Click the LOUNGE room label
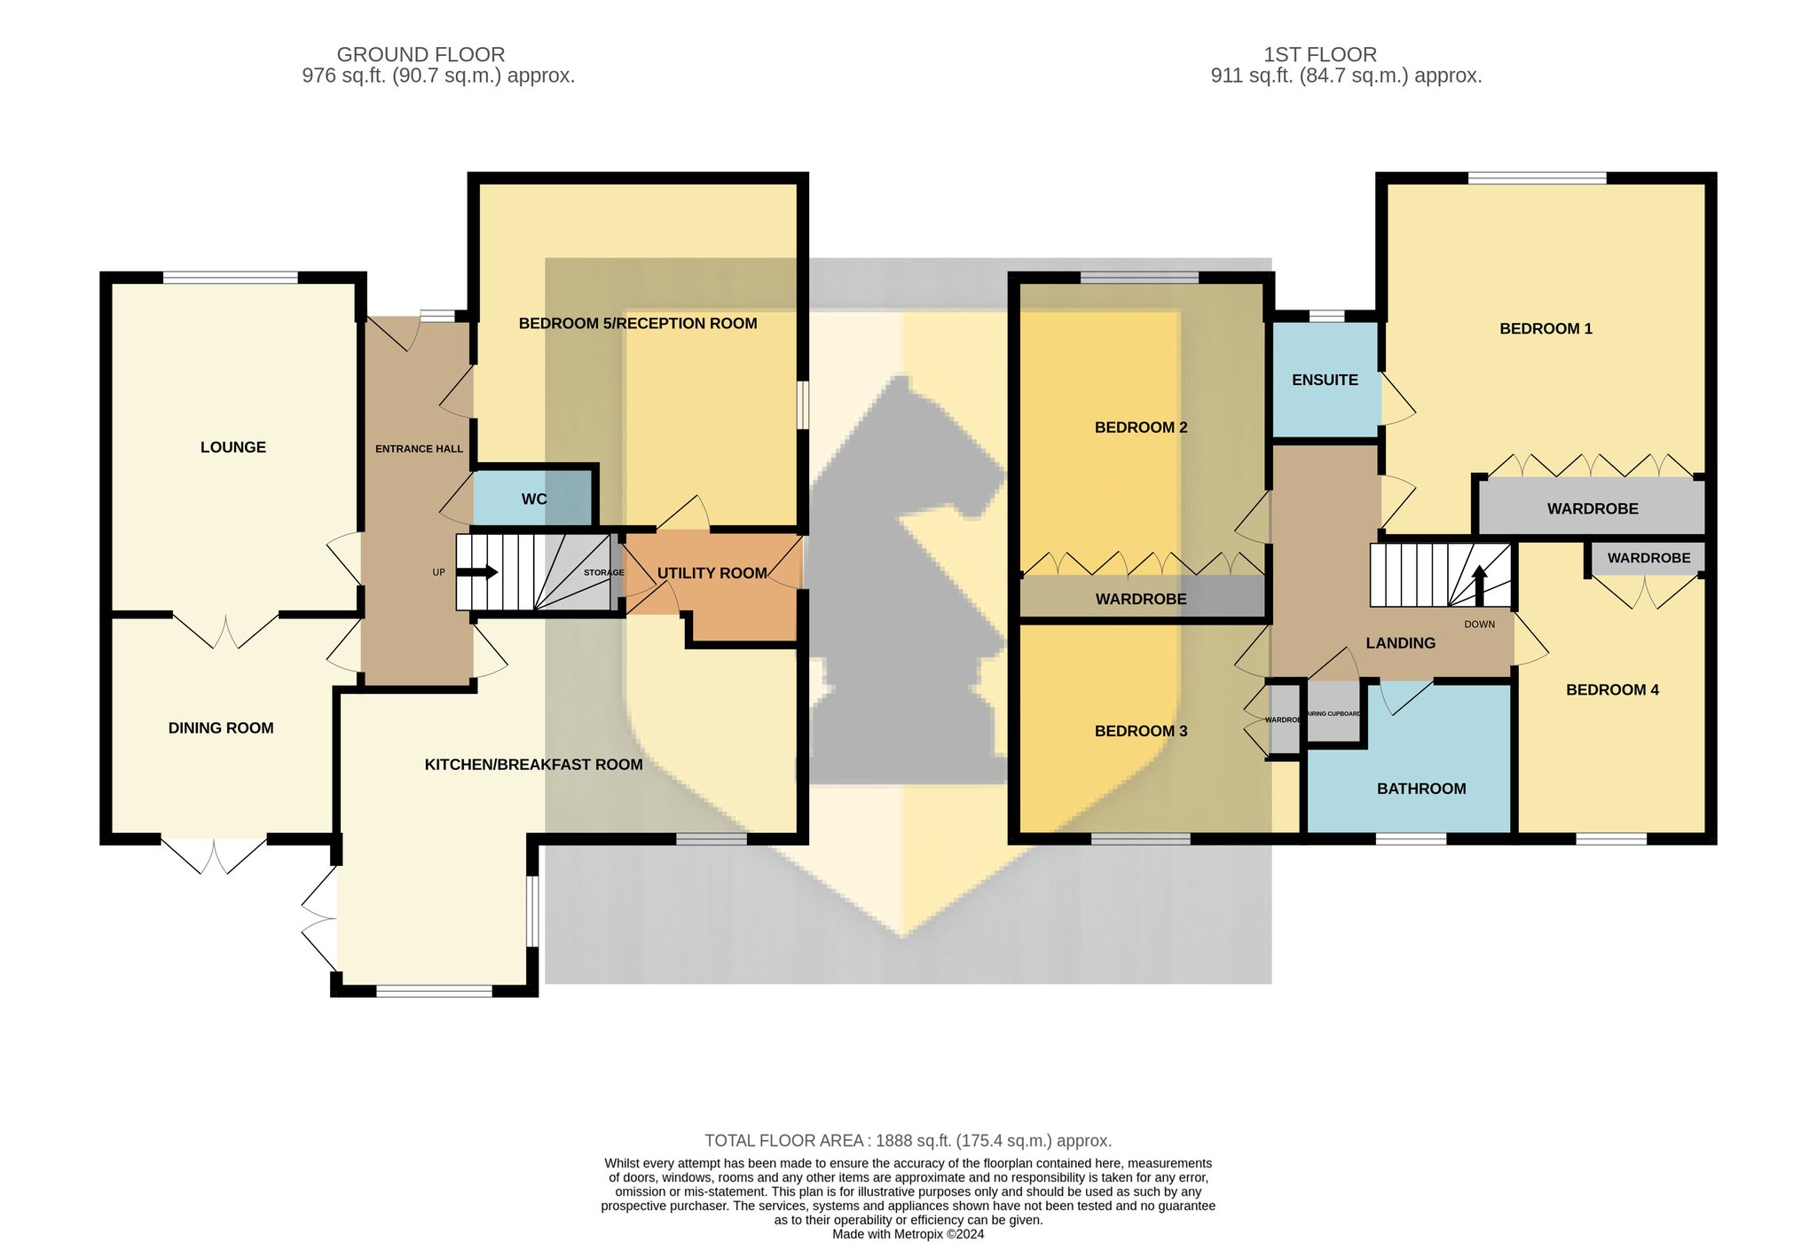click(233, 447)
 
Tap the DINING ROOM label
click(221, 728)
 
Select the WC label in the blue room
click(534, 499)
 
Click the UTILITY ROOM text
click(712, 573)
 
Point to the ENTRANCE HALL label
click(419, 449)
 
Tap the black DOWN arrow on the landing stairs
click(1479, 586)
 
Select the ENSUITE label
click(1325, 380)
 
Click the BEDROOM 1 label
click(1546, 329)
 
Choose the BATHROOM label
click(1421, 789)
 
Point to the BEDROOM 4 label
click(1612, 690)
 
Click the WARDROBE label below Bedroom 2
click(1141, 600)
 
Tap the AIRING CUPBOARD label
click(1333, 714)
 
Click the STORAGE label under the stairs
click(604, 573)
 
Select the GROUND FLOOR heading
click(421, 55)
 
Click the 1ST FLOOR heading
click(1320, 55)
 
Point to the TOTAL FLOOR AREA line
click(908, 1141)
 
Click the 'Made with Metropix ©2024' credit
click(908, 1234)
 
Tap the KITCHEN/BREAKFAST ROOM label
click(533, 765)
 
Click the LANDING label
click(1400, 643)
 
